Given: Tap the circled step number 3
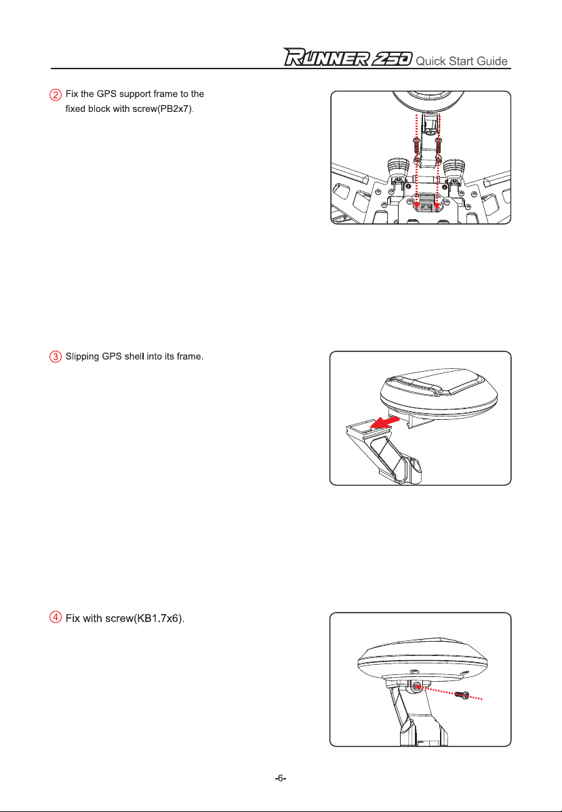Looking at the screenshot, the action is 56,357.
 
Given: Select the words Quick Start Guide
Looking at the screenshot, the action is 462,61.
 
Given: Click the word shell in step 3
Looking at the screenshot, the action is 134,357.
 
